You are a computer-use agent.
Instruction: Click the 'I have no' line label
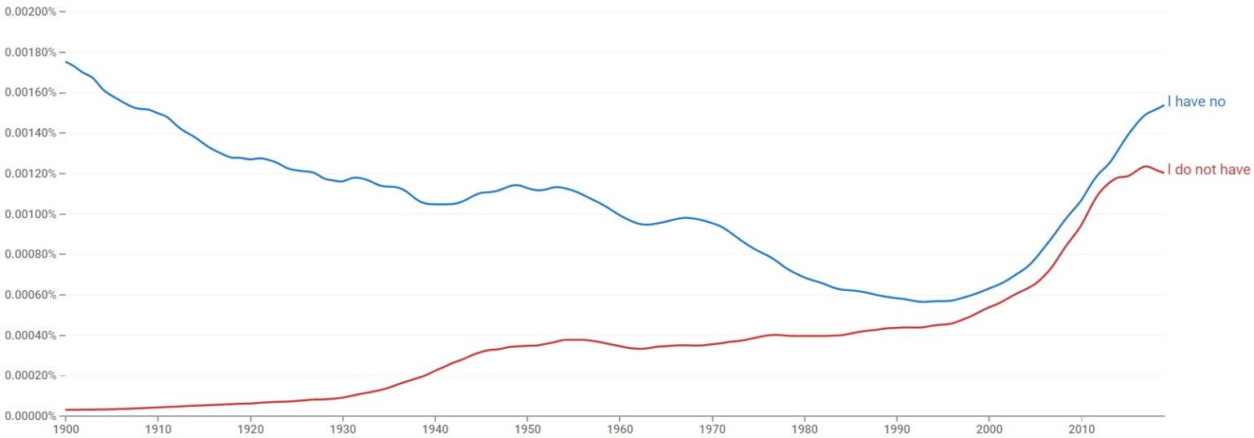(1196, 102)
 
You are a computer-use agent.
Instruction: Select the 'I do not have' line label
(1208, 170)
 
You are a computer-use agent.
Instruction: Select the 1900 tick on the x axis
(65, 428)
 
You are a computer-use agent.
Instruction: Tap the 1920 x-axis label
(251, 428)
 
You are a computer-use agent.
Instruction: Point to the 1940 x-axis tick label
(435, 428)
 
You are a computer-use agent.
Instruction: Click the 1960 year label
(620, 428)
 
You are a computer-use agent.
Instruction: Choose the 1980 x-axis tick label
(804, 428)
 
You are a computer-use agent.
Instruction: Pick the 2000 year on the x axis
(989, 428)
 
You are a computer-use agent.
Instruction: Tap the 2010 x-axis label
(1081, 428)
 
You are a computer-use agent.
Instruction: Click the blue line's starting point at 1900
(65, 61)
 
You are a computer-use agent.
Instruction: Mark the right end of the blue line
(1163, 105)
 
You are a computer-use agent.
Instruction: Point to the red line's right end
(1163, 172)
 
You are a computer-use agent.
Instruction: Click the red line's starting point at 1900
(65, 409)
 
